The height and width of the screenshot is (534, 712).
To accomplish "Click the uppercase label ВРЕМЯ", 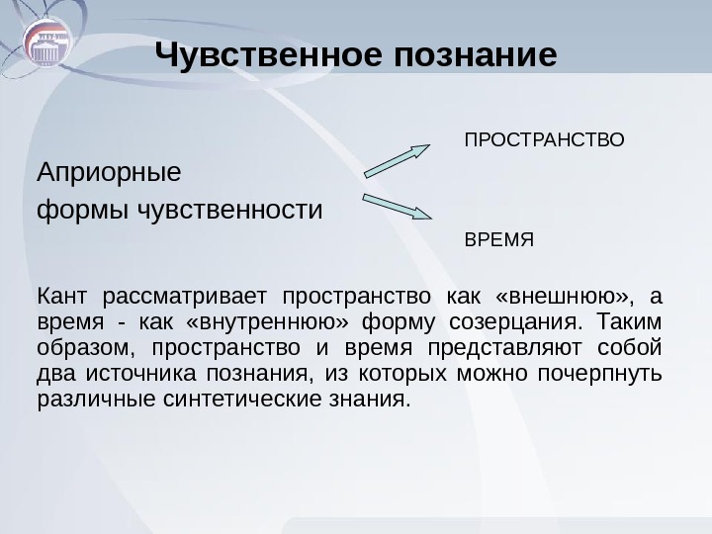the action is click(x=499, y=239).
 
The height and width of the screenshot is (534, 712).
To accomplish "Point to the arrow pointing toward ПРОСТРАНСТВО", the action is click(x=398, y=161).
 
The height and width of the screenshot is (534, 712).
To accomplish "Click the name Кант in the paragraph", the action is click(x=61, y=297).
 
